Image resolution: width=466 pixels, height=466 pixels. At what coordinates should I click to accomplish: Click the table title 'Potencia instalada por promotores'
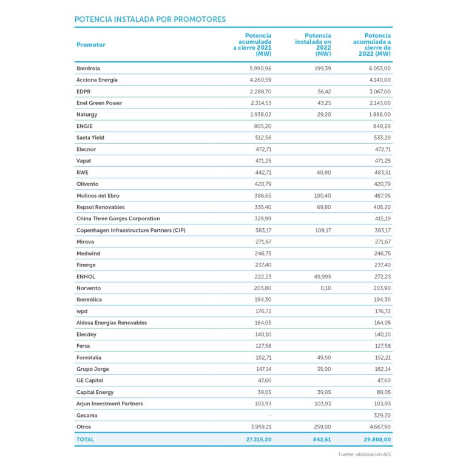150,19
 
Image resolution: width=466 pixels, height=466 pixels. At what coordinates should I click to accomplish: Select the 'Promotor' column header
91,45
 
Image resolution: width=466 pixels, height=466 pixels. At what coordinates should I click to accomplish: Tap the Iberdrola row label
88,68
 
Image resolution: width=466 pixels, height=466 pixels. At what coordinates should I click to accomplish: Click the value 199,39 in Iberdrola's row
321,68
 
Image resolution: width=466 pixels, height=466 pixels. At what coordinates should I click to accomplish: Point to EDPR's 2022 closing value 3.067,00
379,91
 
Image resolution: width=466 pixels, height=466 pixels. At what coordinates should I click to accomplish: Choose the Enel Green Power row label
99,103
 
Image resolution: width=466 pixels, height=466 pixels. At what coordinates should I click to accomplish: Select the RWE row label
83,172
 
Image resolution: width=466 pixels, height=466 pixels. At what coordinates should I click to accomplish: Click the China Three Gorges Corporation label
118,218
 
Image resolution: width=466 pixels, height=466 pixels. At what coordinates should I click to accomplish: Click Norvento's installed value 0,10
325,288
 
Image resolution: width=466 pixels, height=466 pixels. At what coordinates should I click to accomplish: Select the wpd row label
82,311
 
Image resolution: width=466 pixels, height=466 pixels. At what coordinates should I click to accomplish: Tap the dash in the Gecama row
269,416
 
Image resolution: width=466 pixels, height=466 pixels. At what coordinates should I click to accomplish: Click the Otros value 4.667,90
379,427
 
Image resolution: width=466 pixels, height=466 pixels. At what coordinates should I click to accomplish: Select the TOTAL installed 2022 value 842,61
320,439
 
